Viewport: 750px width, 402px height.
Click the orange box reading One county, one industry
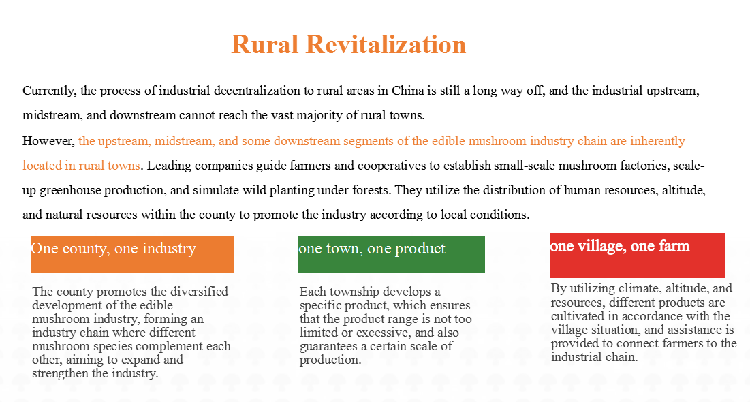tap(132, 254)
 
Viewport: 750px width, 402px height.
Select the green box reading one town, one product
tap(391, 254)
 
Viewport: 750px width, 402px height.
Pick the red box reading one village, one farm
tap(637, 256)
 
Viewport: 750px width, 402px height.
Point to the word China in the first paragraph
tap(408, 91)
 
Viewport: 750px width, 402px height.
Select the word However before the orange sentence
tap(48, 141)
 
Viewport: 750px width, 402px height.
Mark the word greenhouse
tap(70, 190)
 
